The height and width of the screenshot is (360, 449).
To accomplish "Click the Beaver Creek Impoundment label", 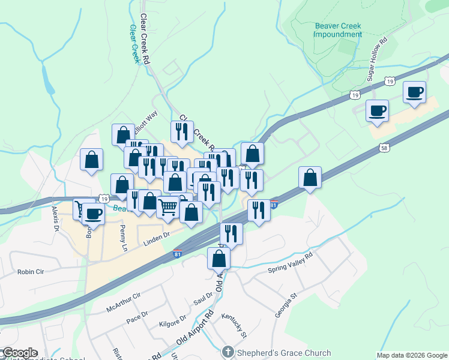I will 338,30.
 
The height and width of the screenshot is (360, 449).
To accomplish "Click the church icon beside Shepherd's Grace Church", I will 227,352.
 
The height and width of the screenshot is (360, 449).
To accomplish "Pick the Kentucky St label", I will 234,323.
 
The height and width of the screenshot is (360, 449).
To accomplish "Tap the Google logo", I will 19,353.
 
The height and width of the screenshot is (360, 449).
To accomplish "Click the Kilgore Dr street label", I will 173,323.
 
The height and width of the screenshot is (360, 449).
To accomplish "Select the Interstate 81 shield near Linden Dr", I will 178,254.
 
